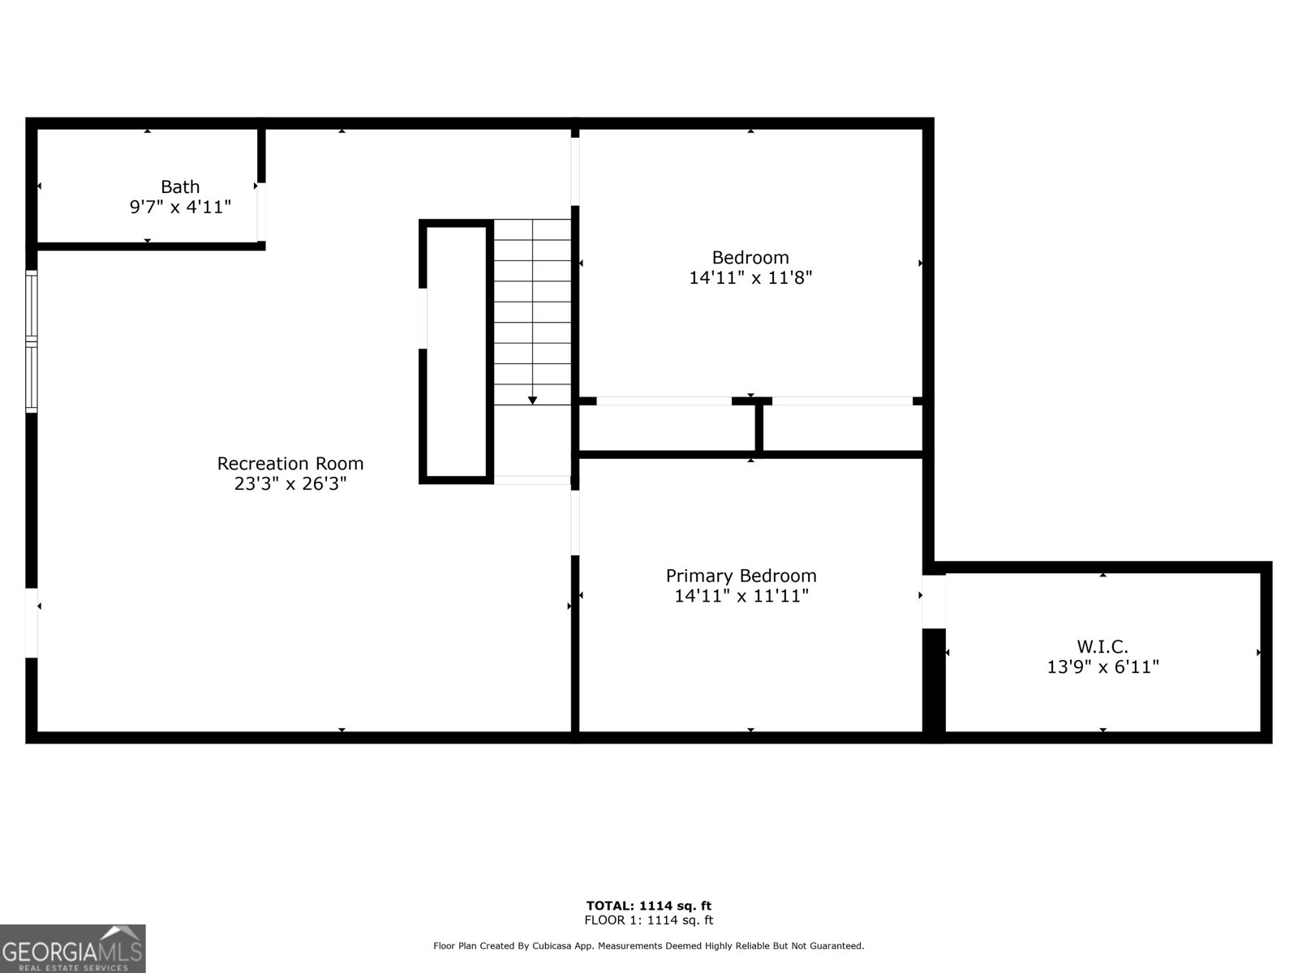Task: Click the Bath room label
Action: click(180, 187)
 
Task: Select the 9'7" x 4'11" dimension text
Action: click(180, 208)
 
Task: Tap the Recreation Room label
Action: click(290, 464)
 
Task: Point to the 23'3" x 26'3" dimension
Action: click(290, 484)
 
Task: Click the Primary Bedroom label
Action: click(741, 576)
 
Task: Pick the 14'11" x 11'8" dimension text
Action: click(750, 278)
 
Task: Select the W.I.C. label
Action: click(1102, 646)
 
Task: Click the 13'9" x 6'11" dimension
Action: click(1102, 667)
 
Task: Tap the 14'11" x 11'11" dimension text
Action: click(741, 597)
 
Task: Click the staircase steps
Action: click(532, 311)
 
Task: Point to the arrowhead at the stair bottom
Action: click(532, 400)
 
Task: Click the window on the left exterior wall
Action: click(32, 341)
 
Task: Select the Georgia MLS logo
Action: click(73, 949)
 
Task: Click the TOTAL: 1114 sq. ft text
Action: click(649, 906)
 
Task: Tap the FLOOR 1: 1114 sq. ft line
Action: click(649, 920)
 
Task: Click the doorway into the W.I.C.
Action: click(934, 601)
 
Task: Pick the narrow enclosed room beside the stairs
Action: click(457, 352)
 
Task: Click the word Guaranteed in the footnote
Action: click(837, 946)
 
